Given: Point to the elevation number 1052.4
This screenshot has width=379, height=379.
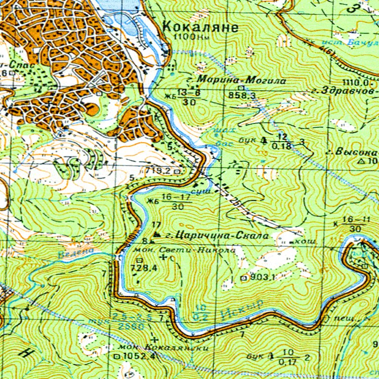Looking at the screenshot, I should click(x=132, y=356).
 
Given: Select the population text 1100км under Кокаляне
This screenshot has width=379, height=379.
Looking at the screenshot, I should click(x=187, y=37).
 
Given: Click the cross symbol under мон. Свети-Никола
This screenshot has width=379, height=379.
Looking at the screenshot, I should click(x=163, y=258).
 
